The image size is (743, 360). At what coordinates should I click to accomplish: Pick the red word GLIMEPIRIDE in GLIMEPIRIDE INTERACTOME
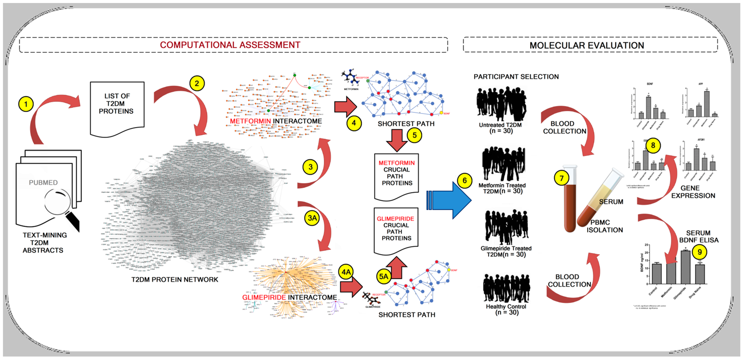pos(264,297)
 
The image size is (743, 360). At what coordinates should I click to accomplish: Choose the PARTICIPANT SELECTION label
pos(516,77)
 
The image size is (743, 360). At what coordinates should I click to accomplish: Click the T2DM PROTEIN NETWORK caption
pos(175,279)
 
